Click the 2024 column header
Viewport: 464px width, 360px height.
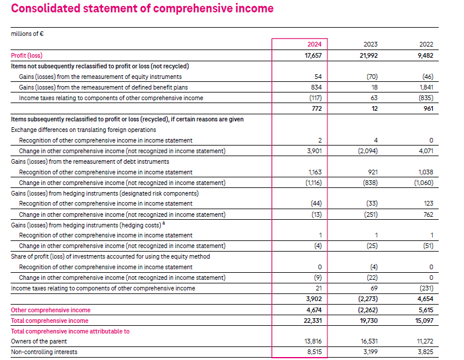coord(314,45)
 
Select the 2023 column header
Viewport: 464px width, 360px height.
coord(370,45)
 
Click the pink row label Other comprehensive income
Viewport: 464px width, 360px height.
coord(51,310)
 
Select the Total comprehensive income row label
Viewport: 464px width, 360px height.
coord(49,321)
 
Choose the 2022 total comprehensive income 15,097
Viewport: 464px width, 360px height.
coord(425,321)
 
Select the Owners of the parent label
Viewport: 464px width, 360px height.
coord(39,341)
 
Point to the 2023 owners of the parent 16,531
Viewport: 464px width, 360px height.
coord(369,341)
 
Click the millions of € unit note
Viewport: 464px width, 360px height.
coord(28,34)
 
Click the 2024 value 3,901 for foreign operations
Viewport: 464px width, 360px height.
coord(314,151)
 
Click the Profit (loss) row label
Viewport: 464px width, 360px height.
coord(27,55)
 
